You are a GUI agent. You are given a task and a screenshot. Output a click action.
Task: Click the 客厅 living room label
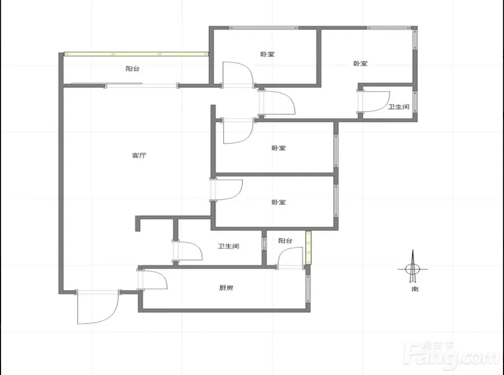coord(139,156)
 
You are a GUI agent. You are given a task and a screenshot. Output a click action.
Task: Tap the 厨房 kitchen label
coord(226,288)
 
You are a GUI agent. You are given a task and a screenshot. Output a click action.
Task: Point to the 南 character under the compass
coord(415,289)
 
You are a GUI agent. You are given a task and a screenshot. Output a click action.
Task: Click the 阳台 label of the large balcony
coord(132,68)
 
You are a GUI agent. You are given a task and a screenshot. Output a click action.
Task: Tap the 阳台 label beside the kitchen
coord(285,241)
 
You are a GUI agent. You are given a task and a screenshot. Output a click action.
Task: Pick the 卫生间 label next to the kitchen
coord(228,246)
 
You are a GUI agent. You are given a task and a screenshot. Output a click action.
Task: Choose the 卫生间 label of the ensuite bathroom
coord(399,107)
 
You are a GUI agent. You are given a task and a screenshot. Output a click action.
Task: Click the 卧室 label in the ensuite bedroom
coord(360,63)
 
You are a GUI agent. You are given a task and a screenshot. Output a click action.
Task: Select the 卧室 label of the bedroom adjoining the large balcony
coord(268,54)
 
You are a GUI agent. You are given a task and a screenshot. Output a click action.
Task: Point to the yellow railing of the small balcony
coord(308,248)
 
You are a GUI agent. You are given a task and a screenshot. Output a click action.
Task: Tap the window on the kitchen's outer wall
coord(308,288)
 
